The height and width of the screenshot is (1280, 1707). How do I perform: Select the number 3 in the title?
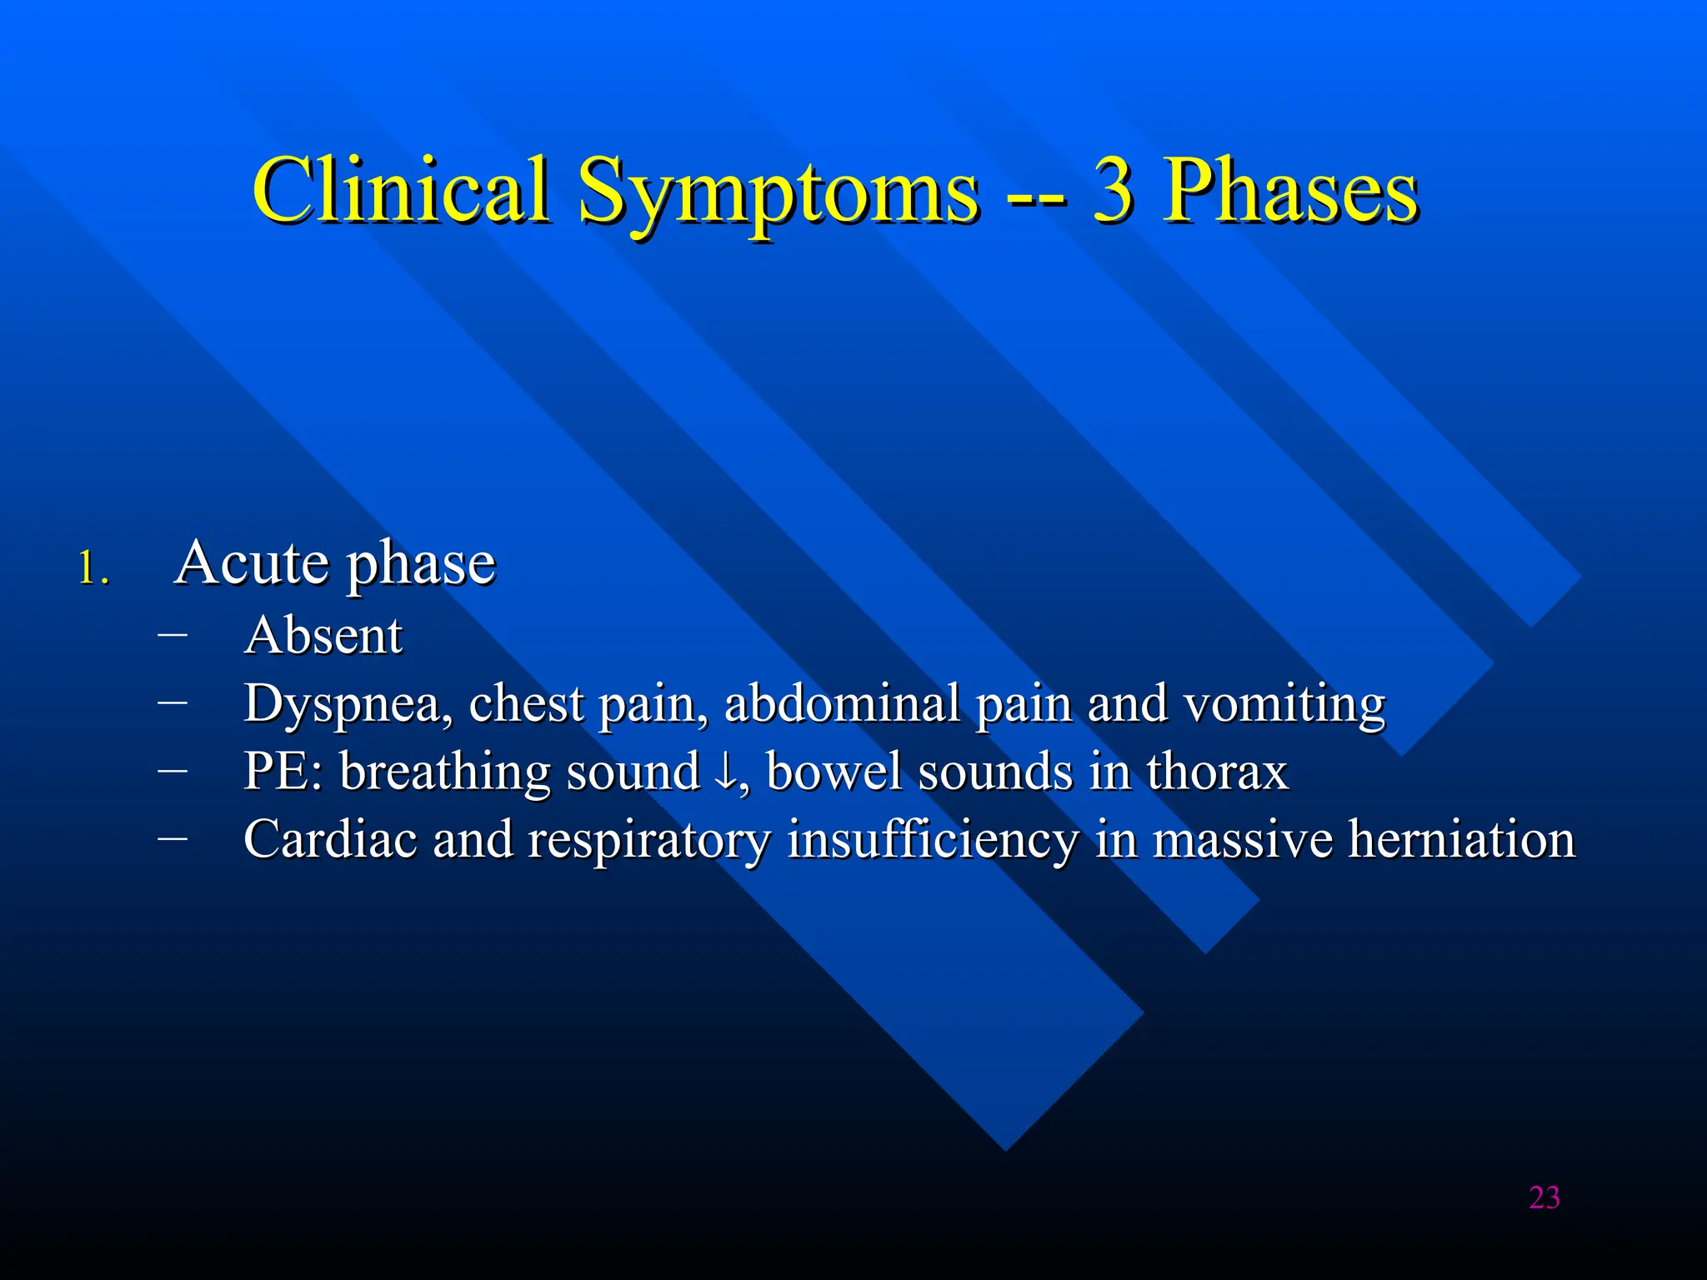1113,192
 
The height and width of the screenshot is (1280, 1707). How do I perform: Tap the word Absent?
323,637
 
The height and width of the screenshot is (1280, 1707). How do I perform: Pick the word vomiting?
1284,705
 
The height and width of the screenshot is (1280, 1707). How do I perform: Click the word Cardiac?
330,839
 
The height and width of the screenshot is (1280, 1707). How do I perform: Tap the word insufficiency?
934,840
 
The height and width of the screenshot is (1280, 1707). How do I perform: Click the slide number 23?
1544,1197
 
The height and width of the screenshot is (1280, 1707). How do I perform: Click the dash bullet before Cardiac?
172,837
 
